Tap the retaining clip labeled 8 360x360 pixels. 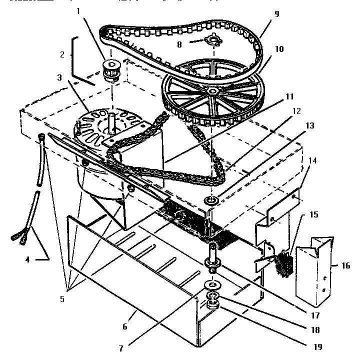click(x=214, y=40)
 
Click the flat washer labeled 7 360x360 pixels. click(x=213, y=285)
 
